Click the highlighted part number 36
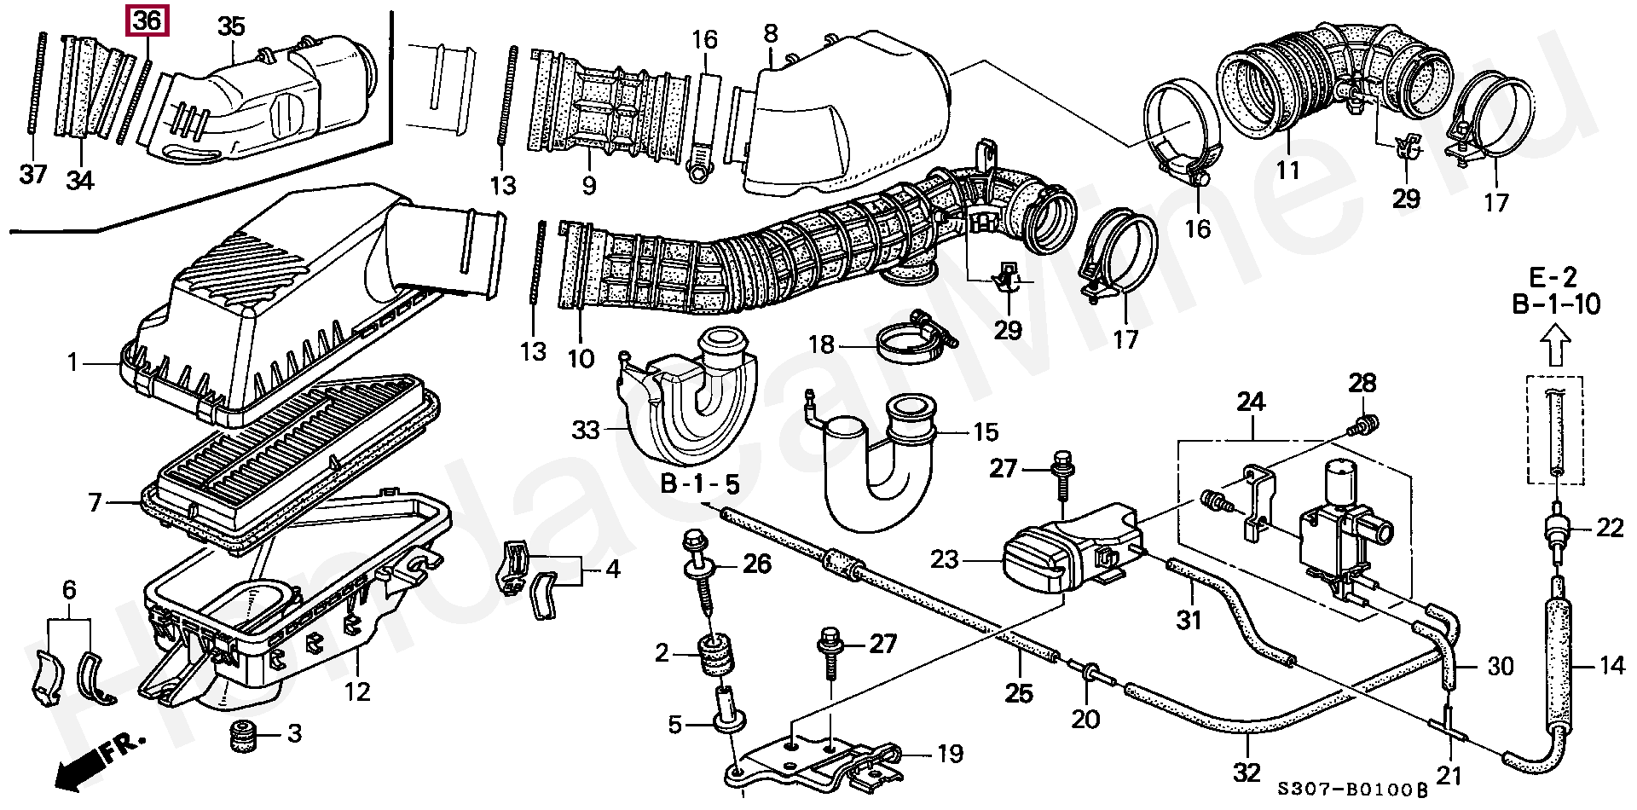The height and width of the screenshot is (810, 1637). [x=148, y=20]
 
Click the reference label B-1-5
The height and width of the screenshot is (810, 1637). [x=700, y=484]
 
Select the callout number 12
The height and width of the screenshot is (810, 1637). [x=357, y=691]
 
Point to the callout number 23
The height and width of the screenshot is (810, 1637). [x=946, y=559]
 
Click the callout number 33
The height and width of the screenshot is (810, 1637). [x=586, y=430]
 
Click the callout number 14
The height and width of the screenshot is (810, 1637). [x=1611, y=665]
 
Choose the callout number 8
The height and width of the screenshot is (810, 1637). [x=771, y=33]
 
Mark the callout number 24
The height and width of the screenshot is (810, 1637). [x=1251, y=402]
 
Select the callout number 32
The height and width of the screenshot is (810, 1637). [x=1247, y=772]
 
